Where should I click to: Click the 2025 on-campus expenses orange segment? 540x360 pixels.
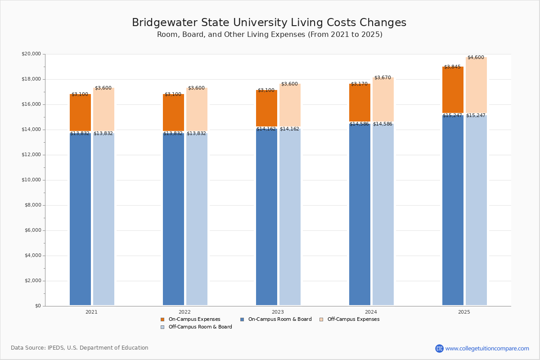pyautogui.click(x=453, y=90)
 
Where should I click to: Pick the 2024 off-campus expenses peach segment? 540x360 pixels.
pyautogui.click(x=383, y=100)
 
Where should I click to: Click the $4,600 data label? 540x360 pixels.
pyautogui.click(x=476, y=58)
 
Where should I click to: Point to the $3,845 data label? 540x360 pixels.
pyautogui.click(x=452, y=67)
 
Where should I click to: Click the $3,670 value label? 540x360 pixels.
pyautogui.click(x=382, y=78)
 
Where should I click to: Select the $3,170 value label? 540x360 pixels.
pyautogui.click(x=359, y=84)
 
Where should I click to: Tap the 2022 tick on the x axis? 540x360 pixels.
pyautogui.click(x=184, y=312)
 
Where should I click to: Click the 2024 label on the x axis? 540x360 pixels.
pyautogui.click(x=371, y=312)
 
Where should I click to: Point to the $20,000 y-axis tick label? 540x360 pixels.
pyautogui.click(x=31, y=54)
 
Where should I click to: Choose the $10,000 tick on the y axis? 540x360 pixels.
pyautogui.click(x=31, y=180)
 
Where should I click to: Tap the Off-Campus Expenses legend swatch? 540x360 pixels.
pyautogui.click(x=321, y=319)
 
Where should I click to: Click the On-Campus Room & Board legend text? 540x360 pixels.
pyautogui.click(x=279, y=319)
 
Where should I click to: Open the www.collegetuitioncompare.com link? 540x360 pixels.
pyautogui.click(x=487, y=348)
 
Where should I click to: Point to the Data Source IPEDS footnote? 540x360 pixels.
pyautogui.click(x=80, y=348)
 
